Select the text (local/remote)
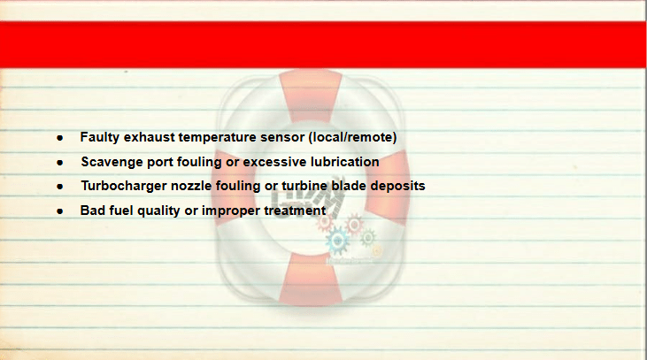click(x=352, y=137)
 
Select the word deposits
click(x=397, y=186)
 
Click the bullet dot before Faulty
click(x=60, y=138)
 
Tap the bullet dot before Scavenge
click(x=60, y=163)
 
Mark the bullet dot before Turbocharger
click(x=60, y=187)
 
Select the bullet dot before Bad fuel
click(x=60, y=211)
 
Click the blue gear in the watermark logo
click(x=337, y=241)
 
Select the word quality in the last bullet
click(x=158, y=211)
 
